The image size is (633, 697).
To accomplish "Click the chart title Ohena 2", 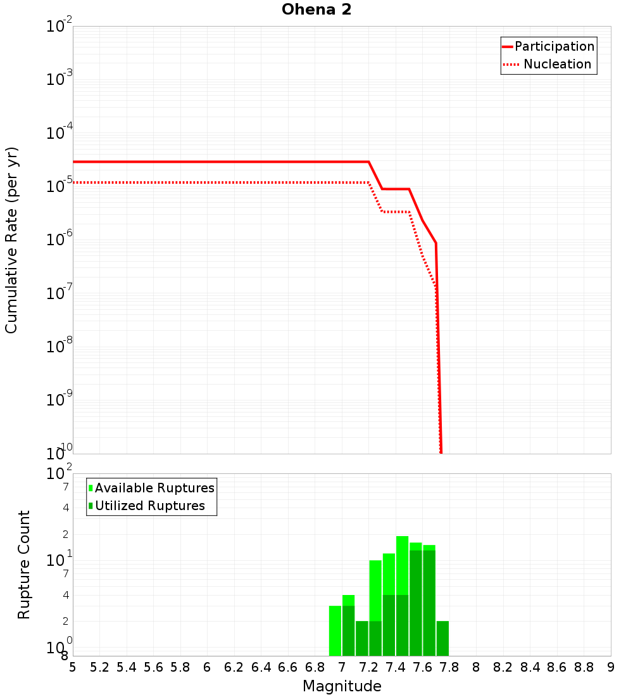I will click(x=316, y=10).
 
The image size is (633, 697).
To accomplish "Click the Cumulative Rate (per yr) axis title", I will click(x=11, y=240).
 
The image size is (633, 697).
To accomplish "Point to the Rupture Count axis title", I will click(x=24, y=565).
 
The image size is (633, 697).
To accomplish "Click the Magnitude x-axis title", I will click(x=342, y=686).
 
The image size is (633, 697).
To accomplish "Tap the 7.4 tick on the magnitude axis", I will click(x=396, y=667).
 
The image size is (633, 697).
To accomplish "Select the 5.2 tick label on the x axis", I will click(x=100, y=667).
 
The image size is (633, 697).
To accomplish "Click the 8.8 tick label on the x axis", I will click(x=584, y=667).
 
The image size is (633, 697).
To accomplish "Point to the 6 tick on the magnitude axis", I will click(x=207, y=667).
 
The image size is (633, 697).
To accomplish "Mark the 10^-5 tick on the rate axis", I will click(x=59, y=186).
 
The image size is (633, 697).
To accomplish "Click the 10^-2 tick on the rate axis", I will click(x=59, y=27).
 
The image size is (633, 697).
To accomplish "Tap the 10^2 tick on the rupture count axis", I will click(x=59, y=474).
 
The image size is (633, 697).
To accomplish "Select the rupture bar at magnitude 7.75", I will click(x=442, y=638).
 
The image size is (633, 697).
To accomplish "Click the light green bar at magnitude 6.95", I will click(x=335, y=630).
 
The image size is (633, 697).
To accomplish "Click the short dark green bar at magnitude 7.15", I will click(x=362, y=638).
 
